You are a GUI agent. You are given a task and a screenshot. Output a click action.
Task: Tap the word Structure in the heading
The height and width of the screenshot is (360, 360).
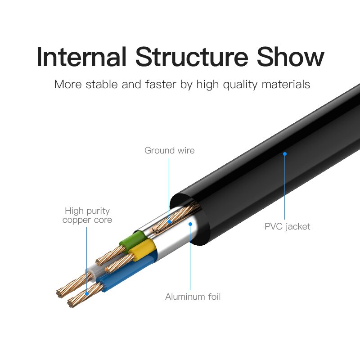(191, 57)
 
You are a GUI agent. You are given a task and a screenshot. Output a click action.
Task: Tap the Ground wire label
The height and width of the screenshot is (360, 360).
(170, 150)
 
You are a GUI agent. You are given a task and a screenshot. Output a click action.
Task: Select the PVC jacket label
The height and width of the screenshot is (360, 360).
(288, 226)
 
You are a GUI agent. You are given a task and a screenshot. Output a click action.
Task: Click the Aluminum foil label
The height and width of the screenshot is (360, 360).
(193, 297)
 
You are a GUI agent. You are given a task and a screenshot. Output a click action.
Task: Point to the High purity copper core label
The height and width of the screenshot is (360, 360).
(87, 215)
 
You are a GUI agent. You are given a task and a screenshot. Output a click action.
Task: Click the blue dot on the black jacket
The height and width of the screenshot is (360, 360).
(285, 154)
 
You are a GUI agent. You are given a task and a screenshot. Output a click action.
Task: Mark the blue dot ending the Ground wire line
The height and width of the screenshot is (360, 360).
(169, 221)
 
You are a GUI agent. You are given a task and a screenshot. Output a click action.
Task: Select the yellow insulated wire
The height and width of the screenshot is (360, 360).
(144, 248)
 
